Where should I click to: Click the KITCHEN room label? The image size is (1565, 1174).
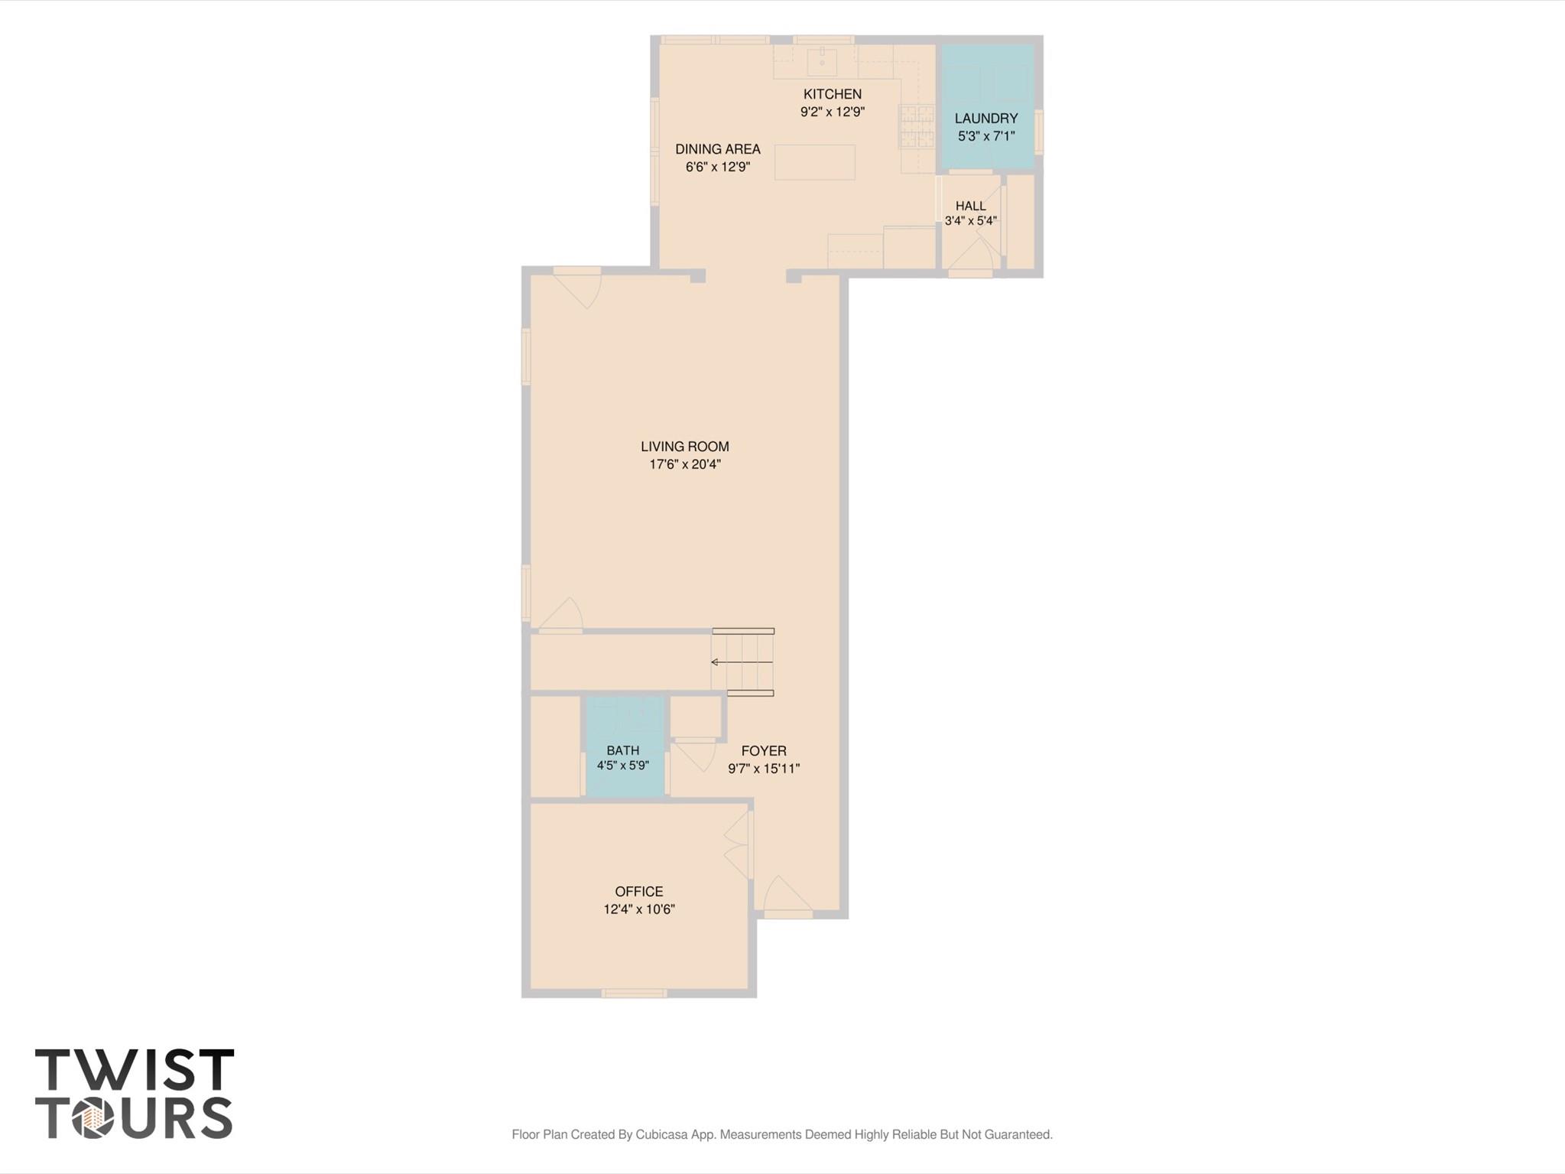(832, 94)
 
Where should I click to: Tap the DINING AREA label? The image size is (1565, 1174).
(717, 149)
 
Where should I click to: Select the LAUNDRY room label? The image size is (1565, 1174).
(986, 119)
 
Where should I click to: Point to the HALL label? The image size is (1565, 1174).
(971, 206)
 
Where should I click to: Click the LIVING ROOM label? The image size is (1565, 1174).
(685, 447)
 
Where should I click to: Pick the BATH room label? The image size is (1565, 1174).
(623, 750)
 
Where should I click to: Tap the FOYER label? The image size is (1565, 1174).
(764, 751)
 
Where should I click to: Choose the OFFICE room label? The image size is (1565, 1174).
(639, 892)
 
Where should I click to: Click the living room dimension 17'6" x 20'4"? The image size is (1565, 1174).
(685, 464)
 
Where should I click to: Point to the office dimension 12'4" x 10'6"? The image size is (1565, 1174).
(639, 909)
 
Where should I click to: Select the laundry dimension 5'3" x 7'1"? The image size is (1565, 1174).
(986, 136)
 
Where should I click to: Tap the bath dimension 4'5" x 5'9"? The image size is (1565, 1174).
(623, 765)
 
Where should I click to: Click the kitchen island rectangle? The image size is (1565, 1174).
(815, 162)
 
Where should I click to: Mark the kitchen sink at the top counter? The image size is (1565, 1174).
(822, 63)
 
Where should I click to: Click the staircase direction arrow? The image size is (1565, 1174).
(742, 662)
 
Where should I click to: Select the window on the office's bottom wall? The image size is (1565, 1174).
(634, 994)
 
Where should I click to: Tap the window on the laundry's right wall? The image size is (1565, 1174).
(1039, 132)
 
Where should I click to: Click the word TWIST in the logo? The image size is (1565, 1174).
(135, 1070)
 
